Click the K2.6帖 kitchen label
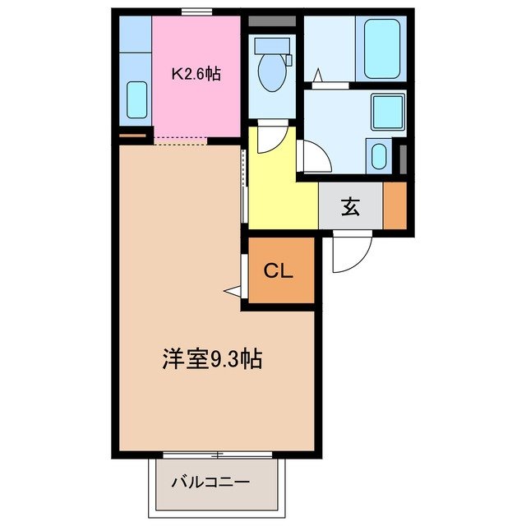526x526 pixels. tap(196, 74)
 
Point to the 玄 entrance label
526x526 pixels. tap(350, 207)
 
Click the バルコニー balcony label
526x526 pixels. tap(210, 482)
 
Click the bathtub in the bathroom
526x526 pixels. tap(382, 49)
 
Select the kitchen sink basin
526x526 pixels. tap(137, 100)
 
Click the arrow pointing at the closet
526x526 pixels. tap(233, 291)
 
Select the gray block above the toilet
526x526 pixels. tap(270, 21)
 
